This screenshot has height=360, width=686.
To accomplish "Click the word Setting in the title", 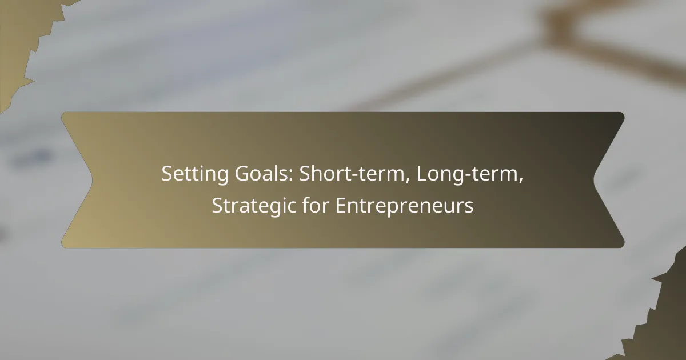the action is coord(195,174).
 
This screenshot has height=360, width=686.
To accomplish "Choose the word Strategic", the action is coord(254,206).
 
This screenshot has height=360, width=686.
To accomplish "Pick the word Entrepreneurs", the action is coord(405,206).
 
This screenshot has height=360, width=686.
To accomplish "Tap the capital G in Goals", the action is coord(242,174).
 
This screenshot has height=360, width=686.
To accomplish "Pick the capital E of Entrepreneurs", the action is coord(341,205).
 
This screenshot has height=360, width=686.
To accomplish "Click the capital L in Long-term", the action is coord(422,174).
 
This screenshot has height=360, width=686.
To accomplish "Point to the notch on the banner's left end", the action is coord(92,180).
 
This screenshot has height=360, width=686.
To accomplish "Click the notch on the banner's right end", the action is coord(594,180).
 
